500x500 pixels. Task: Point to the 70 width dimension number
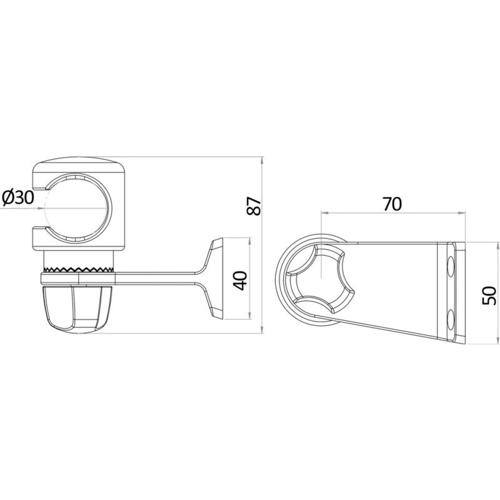click(x=392, y=204)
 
